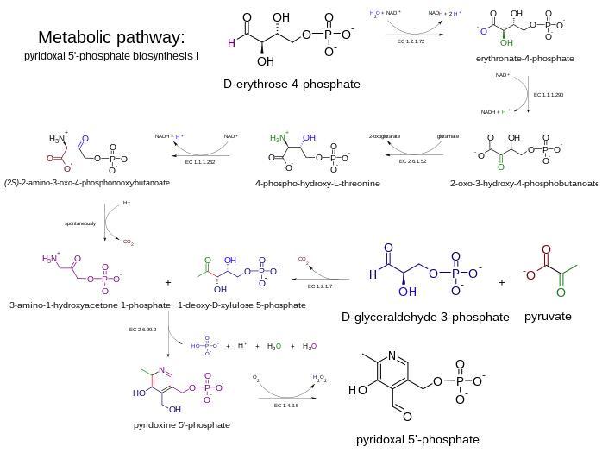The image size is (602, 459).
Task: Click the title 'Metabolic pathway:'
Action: pyautogui.click(x=111, y=37)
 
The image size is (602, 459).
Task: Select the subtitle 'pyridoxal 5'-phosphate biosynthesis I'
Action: pyautogui.click(x=111, y=56)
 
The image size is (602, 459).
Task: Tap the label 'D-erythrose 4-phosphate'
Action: pyautogui.click(x=292, y=84)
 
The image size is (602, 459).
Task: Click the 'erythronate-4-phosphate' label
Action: pyautogui.click(x=524, y=59)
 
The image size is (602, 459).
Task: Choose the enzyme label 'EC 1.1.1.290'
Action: pyautogui.click(x=549, y=95)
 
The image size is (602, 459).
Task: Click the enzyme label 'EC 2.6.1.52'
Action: pyautogui.click(x=412, y=160)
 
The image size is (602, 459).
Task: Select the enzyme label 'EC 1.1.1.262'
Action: pyautogui.click(x=199, y=161)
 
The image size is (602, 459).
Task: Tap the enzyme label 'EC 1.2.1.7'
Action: pyautogui.click(x=320, y=286)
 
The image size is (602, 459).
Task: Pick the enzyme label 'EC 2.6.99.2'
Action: pyautogui.click(x=143, y=329)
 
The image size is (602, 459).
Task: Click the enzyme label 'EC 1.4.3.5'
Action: pyautogui.click(x=287, y=405)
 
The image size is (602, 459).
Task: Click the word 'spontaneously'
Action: pyautogui.click(x=80, y=223)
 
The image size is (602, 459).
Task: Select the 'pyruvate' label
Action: pyautogui.click(x=548, y=316)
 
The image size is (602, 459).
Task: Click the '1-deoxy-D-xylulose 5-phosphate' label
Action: pyautogui.click(x=241, y=305)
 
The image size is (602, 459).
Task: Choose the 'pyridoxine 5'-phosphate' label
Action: pyautogui.click(x=182, y=424)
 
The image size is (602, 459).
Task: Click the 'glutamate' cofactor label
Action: pyautogui.click(x=448, y=136)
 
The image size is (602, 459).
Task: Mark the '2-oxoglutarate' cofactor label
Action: pyautogui.click(x=384, y=136)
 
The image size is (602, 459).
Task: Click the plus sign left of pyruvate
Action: pyautogui.click(x=502, y=281)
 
